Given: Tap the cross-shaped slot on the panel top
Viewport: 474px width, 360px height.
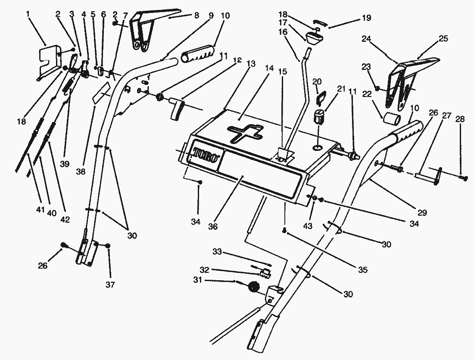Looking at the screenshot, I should [x=244, y=132].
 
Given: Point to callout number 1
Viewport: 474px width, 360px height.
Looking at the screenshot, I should [x=28, y=14].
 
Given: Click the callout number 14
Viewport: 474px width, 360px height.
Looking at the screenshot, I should [x=269, y=69].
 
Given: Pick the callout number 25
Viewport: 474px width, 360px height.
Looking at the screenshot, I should [x=443, y=39].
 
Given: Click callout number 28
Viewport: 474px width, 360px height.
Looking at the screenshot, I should [x=460, y=119].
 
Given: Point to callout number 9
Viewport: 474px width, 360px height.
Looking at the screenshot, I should [x=211, y=15].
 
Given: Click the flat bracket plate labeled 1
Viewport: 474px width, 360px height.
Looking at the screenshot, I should [x=48, y=59].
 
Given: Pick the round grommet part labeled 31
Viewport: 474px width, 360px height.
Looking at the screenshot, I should [x=254, y=287].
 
